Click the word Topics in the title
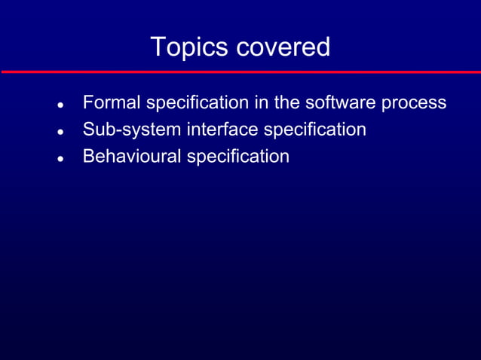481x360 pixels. click(x=189, y=47)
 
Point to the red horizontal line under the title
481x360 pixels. click(x=240, y=72)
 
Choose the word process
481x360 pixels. click(x=414, y=103)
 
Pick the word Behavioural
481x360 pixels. click(x=132, y=157)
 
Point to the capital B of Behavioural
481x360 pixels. click(x=88, y=157)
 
